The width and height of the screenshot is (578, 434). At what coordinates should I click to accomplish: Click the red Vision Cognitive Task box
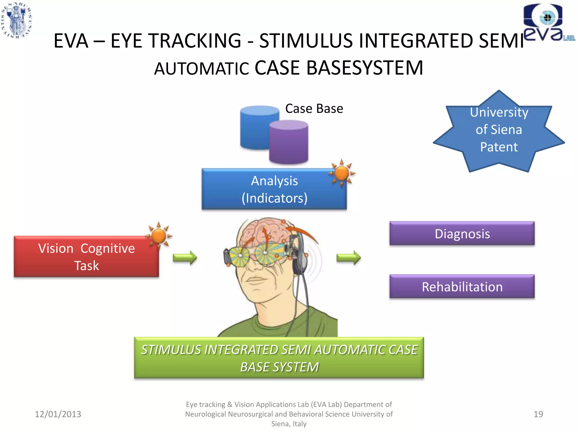click(86, 257)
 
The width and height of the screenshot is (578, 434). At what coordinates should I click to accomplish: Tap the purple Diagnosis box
click(462, 233)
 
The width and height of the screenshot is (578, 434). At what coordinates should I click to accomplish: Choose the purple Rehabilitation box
click(462, 287)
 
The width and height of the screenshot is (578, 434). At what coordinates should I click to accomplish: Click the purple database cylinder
click(288, 143)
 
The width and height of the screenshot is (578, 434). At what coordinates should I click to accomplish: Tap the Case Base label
click(314, 108)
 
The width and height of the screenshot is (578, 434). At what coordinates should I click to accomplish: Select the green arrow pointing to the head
click(185, 257)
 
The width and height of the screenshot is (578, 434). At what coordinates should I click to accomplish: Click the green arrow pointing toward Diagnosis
click(349, 257)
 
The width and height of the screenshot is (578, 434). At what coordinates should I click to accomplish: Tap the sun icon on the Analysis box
click(342, 173)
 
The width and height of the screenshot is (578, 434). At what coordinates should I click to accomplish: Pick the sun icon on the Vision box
click(159, 236)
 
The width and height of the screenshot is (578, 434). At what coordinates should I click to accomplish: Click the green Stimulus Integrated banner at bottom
click(279, 358)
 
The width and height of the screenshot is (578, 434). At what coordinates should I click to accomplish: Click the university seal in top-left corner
click(17, 20)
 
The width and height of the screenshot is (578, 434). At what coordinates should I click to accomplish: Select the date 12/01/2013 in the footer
click(58, 414)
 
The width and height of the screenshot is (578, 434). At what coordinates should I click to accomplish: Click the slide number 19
click(538, 414)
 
